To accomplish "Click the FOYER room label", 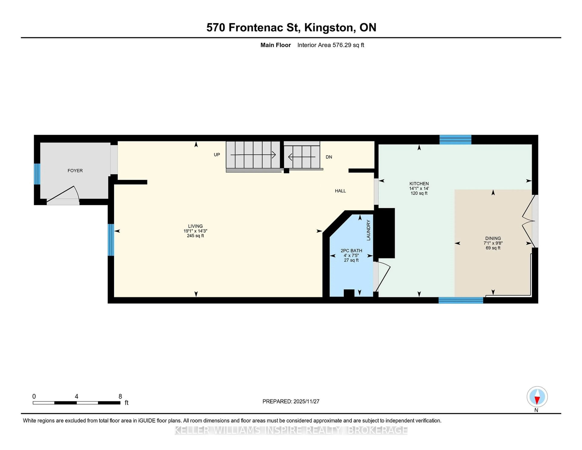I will click(x=75, y=171).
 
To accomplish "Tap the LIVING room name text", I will click(x=195, y=226).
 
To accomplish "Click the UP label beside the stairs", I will click(x=217, y=155).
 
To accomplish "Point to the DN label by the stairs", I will click(x=329, y=157).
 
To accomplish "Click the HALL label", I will click(x=340, y=191).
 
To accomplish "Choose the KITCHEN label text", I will click(x=419, y=184).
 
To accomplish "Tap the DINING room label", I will click(x=493, y=238).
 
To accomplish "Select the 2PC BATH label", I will click(x=351, y=251).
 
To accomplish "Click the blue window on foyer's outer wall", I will click(x=37, y=174).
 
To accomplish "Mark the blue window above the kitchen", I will click(x=455, y=140).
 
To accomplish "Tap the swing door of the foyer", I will click(x=63, y=195).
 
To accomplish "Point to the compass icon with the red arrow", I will click(x=537, y=397).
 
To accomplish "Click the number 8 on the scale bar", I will click(x=120, y=396).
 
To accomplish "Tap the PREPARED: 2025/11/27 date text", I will click(x=291, y=401).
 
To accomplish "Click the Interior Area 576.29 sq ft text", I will click(x=331, y=45).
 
